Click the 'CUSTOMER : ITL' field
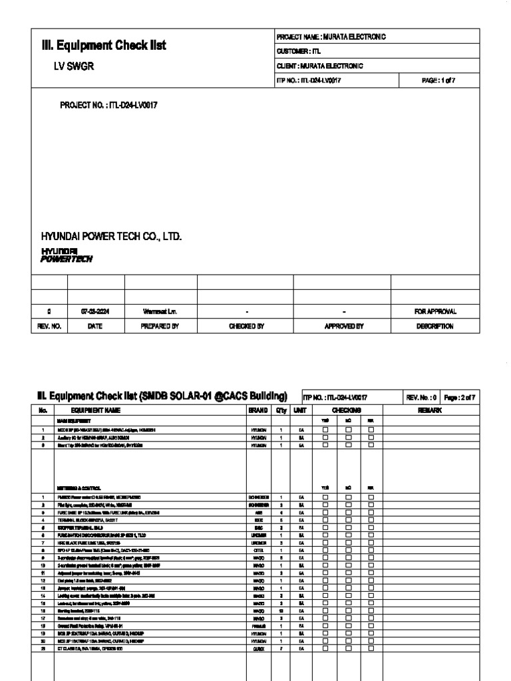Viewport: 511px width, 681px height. point(298,51)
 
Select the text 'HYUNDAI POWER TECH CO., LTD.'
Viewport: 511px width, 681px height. point(111,237)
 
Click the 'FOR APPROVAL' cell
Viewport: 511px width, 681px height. point(434,311)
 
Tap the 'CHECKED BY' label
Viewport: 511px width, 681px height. point(246,327)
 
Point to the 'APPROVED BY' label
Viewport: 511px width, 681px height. point(342,327)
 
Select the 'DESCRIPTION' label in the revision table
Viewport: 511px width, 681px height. point(434,327)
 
